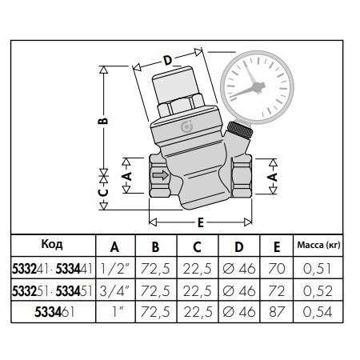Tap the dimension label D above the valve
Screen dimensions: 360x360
(x=166, y=60)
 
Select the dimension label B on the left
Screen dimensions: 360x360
(x=103, y=122)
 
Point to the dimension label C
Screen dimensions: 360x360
(x=103, y=192)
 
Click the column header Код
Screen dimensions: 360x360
(x=51, y=244)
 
